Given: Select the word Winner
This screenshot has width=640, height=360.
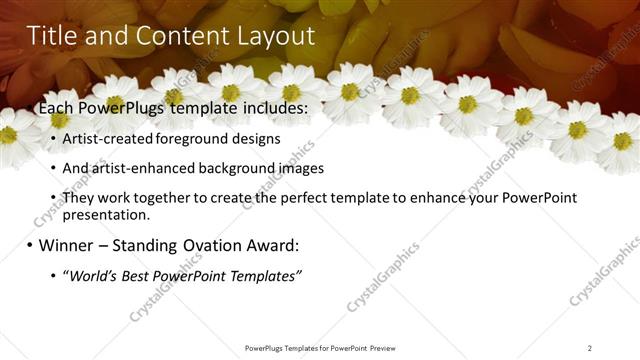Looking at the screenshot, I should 69,245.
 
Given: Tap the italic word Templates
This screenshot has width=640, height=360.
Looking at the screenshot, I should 263,275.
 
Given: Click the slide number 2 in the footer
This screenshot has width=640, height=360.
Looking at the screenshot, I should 589,348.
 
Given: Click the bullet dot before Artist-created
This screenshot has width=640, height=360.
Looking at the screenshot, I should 52,139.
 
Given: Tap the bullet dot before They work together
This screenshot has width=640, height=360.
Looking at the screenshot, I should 52,198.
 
